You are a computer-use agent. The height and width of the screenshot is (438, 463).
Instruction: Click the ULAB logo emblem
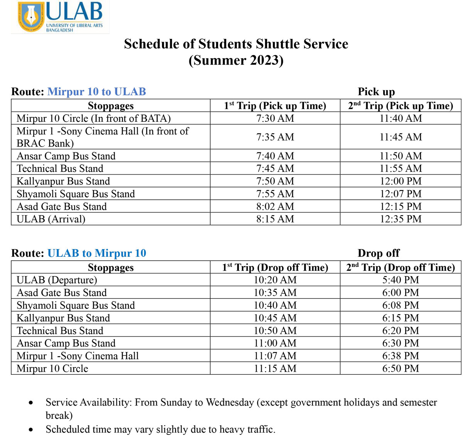(31, 17)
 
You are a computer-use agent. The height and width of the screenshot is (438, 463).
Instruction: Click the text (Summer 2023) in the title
(236, 61)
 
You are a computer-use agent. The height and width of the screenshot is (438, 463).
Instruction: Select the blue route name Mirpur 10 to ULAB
(96, 92)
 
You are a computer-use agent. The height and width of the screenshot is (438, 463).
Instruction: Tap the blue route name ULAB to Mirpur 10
(96, 253)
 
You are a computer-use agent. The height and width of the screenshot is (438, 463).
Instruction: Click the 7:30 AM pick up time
(275, 118)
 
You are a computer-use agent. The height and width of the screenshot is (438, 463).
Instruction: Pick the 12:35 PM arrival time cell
(400, 219)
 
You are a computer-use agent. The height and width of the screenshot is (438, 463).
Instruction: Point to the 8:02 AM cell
(275, 207)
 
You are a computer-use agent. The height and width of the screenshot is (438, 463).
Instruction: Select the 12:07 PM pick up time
(400, 194)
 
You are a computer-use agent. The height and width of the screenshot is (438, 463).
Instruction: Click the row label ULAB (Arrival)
(51, 219)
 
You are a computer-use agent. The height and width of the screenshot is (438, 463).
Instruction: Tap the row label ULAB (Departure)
(57, 280)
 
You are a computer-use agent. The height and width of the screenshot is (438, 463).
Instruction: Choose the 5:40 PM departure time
(400, 280)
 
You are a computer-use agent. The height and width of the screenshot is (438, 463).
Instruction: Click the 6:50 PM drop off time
(400, 369)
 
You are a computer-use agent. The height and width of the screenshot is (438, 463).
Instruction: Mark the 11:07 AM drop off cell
(275, 356)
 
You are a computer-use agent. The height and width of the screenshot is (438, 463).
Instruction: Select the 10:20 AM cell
(275, 280)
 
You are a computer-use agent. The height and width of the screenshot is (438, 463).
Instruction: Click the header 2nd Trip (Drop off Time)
(400, 268)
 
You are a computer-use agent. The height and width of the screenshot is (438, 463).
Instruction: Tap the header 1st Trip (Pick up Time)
(275, 106)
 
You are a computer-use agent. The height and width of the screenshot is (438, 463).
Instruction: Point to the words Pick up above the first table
(376, 92)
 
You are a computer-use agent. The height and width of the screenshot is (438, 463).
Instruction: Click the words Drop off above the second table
(379, 253)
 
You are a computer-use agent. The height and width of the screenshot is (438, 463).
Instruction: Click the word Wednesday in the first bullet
(230, 403)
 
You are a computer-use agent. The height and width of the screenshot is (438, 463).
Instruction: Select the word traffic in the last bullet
(260, 430)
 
